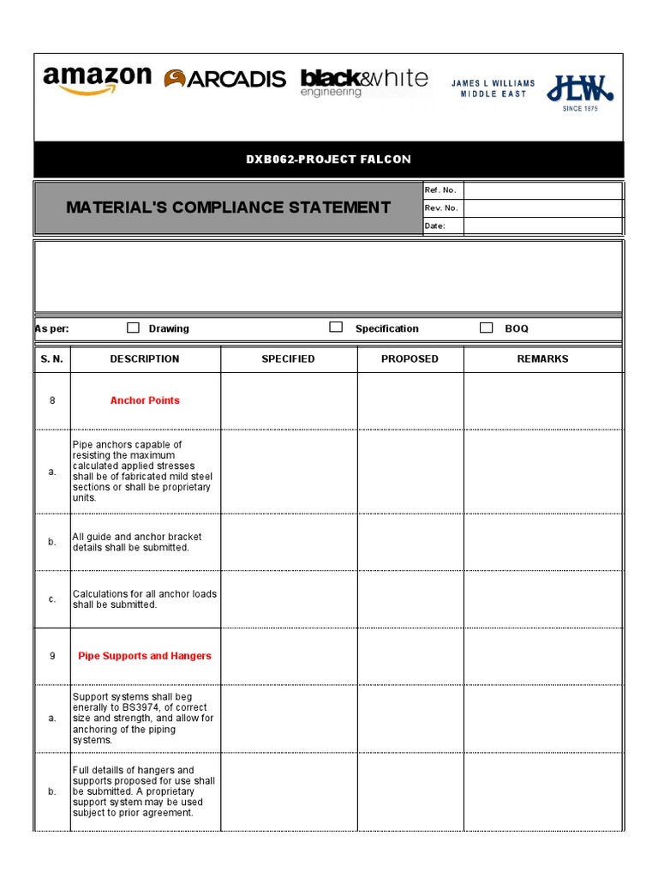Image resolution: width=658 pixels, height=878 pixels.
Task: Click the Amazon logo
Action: click(x=97, y=81)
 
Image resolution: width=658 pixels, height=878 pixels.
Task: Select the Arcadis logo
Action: click(x=225, y=79)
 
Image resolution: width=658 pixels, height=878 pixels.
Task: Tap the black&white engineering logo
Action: click(x=364, y=82)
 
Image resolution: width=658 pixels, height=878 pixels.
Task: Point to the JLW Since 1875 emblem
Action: click(x=580, y=91)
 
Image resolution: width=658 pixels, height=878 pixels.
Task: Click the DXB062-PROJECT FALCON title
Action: click(x=329, y=159)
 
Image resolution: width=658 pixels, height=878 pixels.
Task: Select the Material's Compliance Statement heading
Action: click(x=228, y=207)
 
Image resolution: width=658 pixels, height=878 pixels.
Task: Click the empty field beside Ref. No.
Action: click(x=542, y=190)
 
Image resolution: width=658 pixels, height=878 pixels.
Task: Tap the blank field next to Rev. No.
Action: click(x=542, y=208)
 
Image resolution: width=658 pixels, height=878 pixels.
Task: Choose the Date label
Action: click(x=435, y=226)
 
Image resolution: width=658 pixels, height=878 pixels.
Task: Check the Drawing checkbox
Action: click(x=133, y=328)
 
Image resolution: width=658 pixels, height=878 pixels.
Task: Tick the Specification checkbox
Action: click(x=336, y=328)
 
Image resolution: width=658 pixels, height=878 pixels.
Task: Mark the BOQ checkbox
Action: click(x=486, y=328)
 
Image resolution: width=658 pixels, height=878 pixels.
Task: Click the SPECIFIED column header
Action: click(x=288, y=359)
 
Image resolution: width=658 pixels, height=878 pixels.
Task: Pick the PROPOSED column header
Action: click(x=410, y=359)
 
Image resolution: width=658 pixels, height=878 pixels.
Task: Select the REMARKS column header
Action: click(x=542, y=359)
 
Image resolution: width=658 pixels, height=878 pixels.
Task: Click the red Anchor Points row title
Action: click(x=145, y=400)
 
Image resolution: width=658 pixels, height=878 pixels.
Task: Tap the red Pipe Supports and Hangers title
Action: click(x=145, y=656)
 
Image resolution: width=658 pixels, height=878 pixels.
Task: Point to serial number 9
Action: click(x=52, y=656)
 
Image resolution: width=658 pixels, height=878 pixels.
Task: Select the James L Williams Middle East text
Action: click(x=493, y=88)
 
